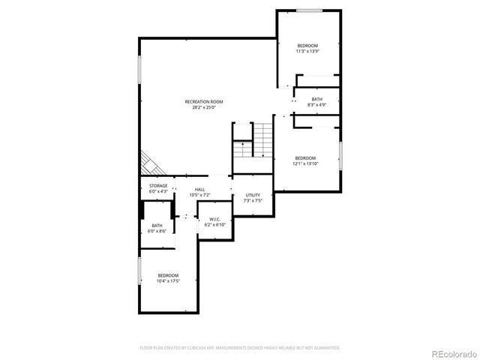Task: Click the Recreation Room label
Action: pos(204,102)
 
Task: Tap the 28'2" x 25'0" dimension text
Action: pos(204,107)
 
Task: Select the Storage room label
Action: pos(157,185)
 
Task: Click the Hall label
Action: pos(199,190)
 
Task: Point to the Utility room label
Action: pos(253,196)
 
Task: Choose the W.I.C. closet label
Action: pos(214,219)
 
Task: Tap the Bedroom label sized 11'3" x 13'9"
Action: pos(307,46)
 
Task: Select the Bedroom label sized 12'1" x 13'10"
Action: pos(305,157)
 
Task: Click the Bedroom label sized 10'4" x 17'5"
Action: pos(168,275)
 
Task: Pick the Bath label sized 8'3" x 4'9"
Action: pos(317,100)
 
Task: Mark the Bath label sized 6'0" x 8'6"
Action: pos(157,226)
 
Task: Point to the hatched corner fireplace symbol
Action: pos(147,163)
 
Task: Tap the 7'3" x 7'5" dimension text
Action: pos(253,201)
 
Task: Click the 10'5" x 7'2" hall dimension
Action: pos(199,195)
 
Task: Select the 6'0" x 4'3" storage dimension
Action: pos(157,190)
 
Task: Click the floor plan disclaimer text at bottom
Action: pos(240,348)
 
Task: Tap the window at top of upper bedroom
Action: pos(309,10)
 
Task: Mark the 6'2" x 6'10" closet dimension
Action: pos(214,225)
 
